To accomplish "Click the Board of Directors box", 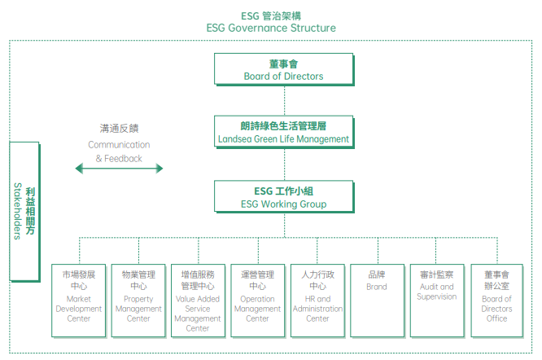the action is tap(284, 69).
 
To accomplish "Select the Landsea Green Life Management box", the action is tap(284, 132).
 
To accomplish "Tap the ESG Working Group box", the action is tap(284, 196).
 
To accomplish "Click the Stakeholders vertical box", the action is tap(24, 212).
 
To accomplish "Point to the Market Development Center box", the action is tap(79, 301).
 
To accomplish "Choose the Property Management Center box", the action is tap(138, 301).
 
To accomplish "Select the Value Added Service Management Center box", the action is tap(198, 301).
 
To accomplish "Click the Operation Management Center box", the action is tap(258, 301).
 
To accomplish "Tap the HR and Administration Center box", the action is tap(317, 301).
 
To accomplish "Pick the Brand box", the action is tap(378, 301).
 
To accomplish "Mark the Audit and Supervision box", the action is tap(437, 301).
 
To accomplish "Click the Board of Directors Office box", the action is tap(497, 301).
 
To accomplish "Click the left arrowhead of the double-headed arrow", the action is tap(79, 169).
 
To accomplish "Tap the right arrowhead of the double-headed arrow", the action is tap(160, 169).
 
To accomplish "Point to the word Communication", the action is tap(119, 144).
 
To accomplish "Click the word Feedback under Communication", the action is tap(123, 158).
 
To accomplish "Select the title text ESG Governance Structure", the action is tap(271, 28).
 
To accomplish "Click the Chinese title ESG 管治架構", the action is tap(271, 16).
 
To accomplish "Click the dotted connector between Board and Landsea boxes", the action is tap(285, 101).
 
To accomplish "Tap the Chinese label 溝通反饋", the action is tap(120, 129).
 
